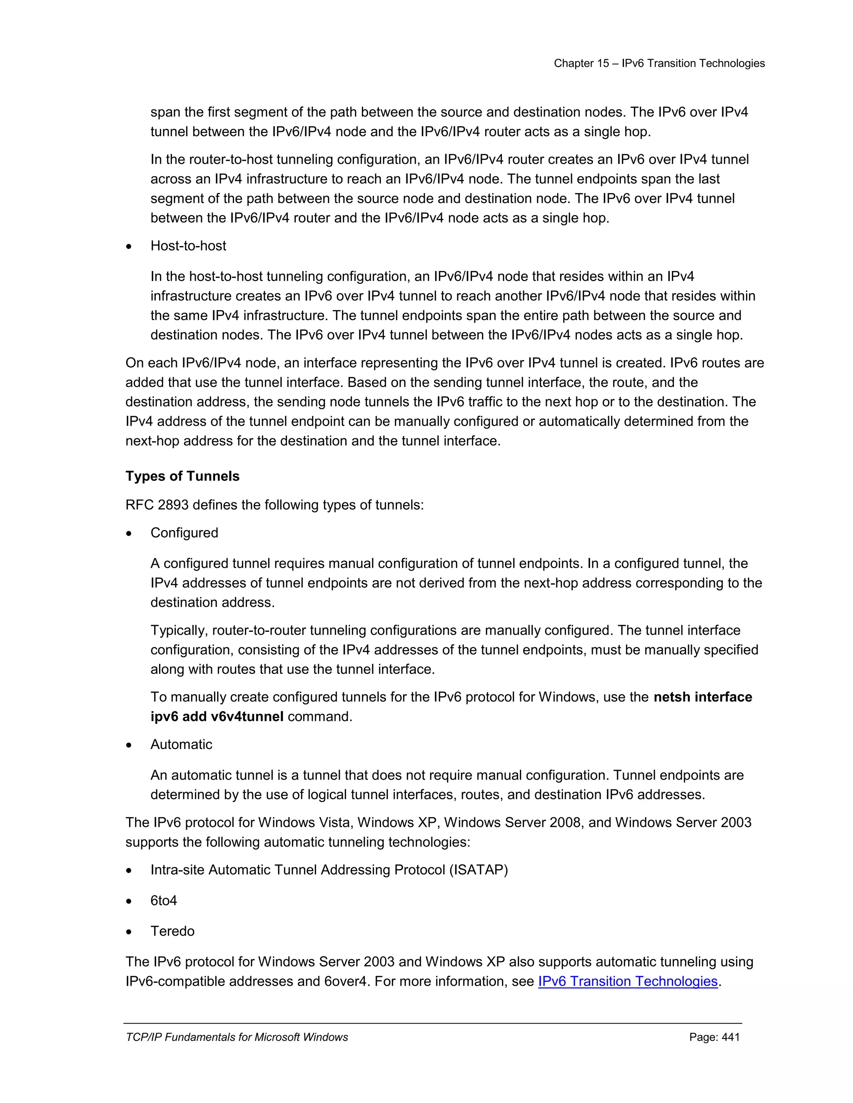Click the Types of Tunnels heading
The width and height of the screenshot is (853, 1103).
(x=182, y=476)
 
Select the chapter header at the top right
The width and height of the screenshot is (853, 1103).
(x=659, y=63)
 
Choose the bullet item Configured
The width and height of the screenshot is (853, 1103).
(x=184, y=533)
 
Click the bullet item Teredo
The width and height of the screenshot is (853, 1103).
(x=172, y=931)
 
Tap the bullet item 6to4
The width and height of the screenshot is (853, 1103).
(x=164, y=900)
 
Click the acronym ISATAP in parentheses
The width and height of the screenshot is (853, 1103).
(x=478, y=869)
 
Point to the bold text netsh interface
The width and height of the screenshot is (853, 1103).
(x=702, y=697)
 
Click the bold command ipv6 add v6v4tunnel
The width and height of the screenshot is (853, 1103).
(x=217, y=717)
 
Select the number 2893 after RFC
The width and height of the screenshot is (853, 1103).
(x=173, y=505)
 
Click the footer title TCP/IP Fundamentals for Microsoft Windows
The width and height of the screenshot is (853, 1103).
(x=237, y=1037)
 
